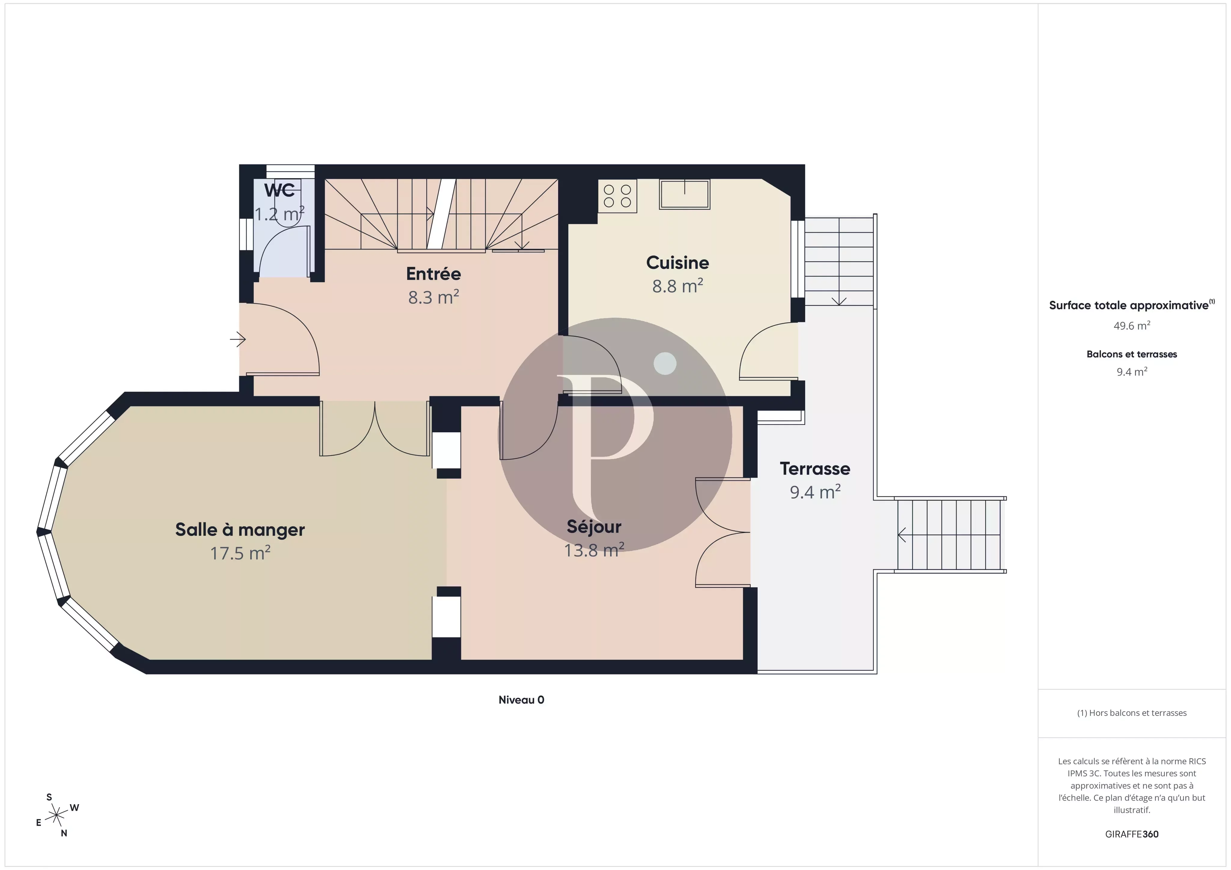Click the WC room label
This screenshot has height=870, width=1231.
[279, 190]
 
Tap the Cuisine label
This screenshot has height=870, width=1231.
[677, 263]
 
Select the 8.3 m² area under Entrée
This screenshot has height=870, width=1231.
[433, 297]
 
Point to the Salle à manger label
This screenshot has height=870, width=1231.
[240, 530]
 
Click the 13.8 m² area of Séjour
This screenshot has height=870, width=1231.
[594, 550]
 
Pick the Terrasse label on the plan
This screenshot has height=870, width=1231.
[814, 469]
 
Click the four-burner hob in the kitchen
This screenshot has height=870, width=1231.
[617, 196]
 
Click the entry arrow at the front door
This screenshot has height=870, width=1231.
[237, 339]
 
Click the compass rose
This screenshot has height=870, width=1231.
[56, 815]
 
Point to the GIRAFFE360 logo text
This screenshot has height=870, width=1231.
[1131, 834]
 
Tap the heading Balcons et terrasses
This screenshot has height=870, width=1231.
[1131, 354]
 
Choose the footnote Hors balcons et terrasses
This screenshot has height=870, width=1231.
[1131, 713]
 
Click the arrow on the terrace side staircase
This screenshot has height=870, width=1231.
[902, 535]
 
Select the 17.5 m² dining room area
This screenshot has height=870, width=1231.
[240, 553]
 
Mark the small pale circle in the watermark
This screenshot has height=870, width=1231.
[665, 364]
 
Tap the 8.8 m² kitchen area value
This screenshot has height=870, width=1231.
[677, 286]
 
